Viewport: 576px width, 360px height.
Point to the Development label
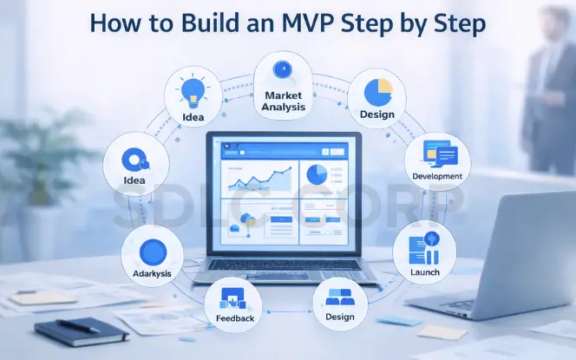click(x=437, y=176)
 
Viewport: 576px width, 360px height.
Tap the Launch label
click(x=425, y=272)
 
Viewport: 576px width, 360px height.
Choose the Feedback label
click(x=235, y=318)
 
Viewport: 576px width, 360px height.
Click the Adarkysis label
click(x=153, y=273)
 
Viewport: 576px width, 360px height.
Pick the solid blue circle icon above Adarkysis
click(x=153, y=251)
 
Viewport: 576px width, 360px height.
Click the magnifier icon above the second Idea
click(x=134, y=160)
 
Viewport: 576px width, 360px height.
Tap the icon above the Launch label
click(x=425, y=249)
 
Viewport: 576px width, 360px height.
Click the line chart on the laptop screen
click(x=258, y=179)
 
